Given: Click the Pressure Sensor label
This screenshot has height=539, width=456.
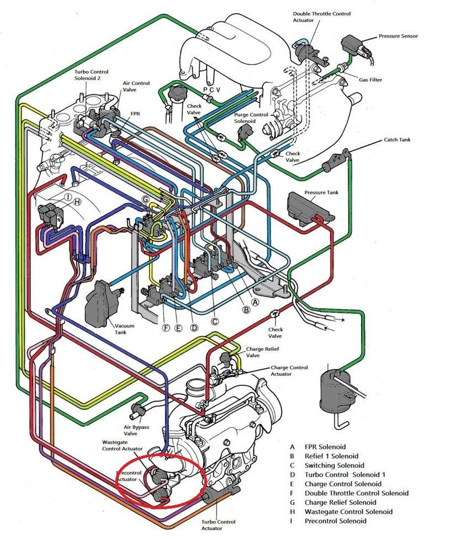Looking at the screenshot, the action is click(399, 36).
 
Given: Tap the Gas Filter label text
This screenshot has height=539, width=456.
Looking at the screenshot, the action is click(370, 80).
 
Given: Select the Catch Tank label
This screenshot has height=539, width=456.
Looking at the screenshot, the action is click(397, 139).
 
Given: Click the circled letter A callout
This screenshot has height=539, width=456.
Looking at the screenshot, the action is click(255, 302).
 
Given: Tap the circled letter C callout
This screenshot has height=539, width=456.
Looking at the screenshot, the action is click(214, 321).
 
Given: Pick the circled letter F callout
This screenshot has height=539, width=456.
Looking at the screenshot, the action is click(166, 328).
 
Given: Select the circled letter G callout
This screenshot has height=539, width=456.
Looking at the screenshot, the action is click(146, 200).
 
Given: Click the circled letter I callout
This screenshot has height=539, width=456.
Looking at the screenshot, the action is click(68, 197).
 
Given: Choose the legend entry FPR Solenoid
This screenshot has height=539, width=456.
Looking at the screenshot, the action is click(325, 447).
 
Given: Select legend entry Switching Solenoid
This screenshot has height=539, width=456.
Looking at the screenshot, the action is click(334, 465).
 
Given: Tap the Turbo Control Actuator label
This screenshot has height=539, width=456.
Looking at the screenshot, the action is click(219, 525).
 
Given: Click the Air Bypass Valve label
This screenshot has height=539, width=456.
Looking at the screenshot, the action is click(136, 431).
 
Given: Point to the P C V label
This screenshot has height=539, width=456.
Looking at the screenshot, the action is click(211, 90).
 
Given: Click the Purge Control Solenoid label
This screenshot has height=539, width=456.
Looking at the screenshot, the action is click(251, 118).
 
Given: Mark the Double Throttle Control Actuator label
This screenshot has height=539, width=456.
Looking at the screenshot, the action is click(322, 17).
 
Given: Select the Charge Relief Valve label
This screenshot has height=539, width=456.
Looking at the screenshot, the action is click(262, 352).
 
